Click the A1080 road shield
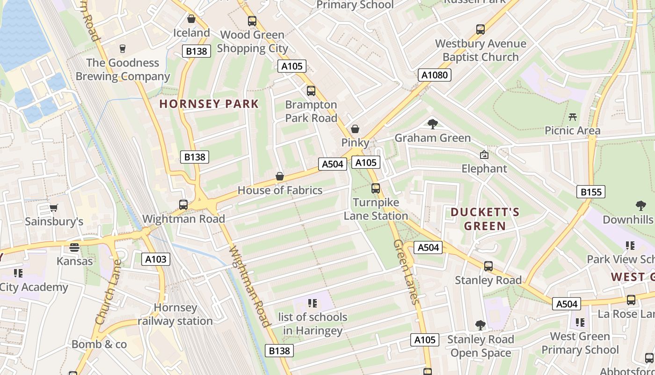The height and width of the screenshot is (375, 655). click(x=434, y=75)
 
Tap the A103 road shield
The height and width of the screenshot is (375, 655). click(x=155, y=259)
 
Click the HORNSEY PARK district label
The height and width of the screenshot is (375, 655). click(x=209, y=104)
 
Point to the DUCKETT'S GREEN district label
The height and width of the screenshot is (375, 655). click(x=485, y=219)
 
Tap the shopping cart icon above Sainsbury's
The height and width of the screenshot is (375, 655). click(x=54, y=208)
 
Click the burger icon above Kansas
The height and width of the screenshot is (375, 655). click(x=74, y=247)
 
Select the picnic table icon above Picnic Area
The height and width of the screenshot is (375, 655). click(x=572, y=117)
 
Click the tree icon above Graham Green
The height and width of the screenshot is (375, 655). click(x=433, y=124)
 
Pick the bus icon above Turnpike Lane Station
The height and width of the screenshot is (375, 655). click(x=376, y=188)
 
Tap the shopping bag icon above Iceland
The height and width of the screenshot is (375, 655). click(x=191, y=19)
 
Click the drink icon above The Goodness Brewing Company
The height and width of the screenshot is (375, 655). click(x=123, y=49)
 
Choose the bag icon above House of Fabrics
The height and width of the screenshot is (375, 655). click(x=280, y=176)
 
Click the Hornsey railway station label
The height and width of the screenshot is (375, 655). click(x=175, y=315)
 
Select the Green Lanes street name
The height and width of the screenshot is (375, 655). click(x=405, y=272)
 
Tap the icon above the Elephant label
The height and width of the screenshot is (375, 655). click(x=484, y=155)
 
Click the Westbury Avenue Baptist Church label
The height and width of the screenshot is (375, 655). click(x=480, y=50)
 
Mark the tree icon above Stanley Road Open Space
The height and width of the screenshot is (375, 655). click(x=480, y=325)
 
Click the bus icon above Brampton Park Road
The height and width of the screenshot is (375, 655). click(x=311, y=91)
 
